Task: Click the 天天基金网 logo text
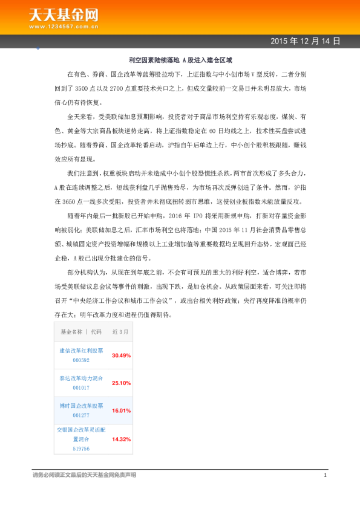coord(64,15)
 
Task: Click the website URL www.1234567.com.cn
coord(64,27)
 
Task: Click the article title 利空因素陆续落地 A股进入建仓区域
coord(180,60)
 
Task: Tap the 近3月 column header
coord(120,332)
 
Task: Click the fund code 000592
coord(81,360)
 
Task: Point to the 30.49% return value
coord(121,355)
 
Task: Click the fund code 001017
coord(81,387)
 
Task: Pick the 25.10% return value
coord(121,383)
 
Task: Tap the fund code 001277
coord(81,415)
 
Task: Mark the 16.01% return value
coord(121,410)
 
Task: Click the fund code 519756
coord(81,449)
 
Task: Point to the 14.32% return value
coord(121,439)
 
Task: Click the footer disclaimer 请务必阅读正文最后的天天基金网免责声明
coord(84,475)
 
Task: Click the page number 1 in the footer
coord(325,475)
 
